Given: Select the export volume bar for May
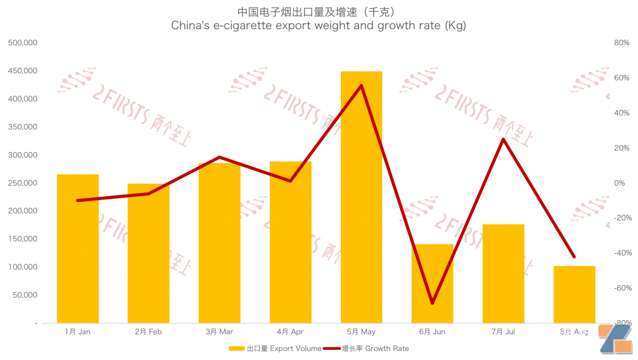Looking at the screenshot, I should tap(362, 197).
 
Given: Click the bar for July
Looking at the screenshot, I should tap(503, 273).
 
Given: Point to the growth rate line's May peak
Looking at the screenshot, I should tap(362, 86).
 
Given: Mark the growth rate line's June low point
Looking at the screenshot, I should tap(432, 303).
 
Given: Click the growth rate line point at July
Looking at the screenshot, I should tap(503, 139).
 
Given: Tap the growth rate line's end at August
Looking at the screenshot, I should tap(574, 257).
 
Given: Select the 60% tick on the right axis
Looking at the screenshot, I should tap(622, 78).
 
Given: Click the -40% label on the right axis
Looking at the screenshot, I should tap(620, 253).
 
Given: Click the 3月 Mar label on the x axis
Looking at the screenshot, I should tap(219, 332).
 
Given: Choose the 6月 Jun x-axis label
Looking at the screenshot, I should tap(432, 332).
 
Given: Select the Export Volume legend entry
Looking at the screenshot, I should tap(275, 349).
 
